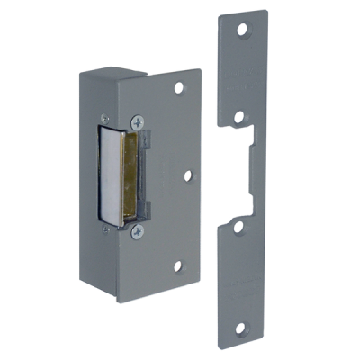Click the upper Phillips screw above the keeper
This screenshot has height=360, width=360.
137,120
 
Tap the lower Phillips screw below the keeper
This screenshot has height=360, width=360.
137,231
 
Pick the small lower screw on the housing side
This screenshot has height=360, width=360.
106,230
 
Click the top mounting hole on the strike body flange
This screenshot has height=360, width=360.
180,88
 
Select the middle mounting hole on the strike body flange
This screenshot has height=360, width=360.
188,175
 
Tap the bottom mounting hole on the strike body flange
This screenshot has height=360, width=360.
179,265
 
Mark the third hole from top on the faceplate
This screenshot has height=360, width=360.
238,228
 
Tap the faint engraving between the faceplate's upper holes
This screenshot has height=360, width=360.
241,76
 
